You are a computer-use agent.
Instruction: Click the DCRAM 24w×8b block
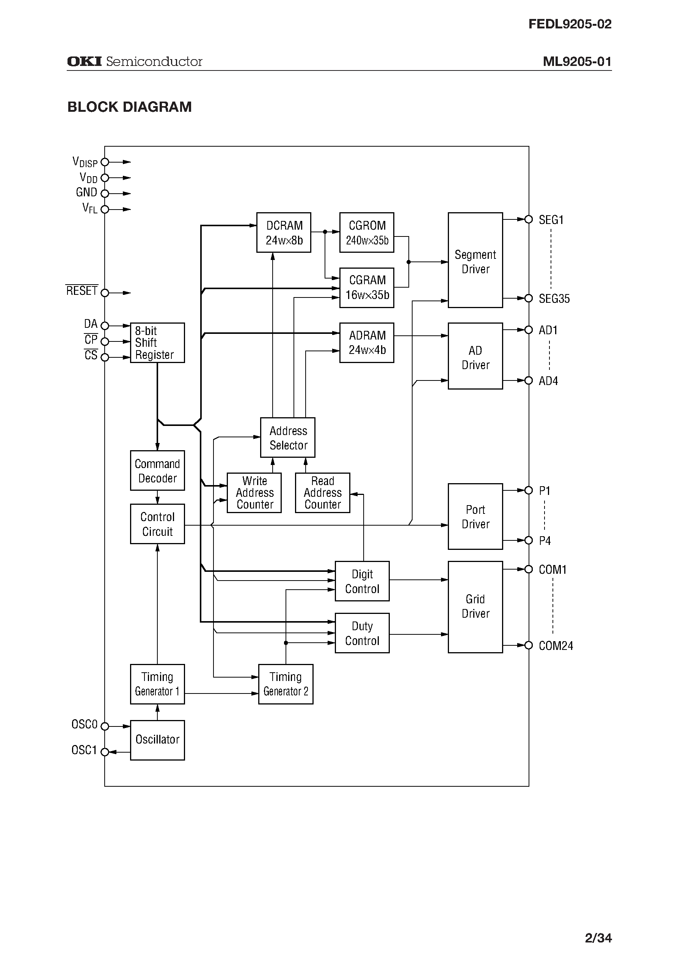click(284, 232)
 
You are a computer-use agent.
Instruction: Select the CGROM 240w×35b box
click(367, 232)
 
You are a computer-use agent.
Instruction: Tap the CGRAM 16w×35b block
click(367, 288)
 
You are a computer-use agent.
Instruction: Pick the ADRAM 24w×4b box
click(367, 343)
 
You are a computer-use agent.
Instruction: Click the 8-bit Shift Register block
click(157, 343)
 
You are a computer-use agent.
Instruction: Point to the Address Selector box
click(288, 438)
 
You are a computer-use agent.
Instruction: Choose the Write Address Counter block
click(254, 493)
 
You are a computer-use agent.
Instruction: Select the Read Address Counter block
click(322, 493)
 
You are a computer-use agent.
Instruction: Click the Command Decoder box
click(157, 471)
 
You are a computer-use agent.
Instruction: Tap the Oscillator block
click(157, 740)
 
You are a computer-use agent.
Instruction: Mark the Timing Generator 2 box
click(286, 684)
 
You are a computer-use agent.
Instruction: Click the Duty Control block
click(362, 633)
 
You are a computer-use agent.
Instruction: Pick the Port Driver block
click(475, 517)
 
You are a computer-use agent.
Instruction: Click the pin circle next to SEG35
click(529, 298)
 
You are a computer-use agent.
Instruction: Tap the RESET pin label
click(82, 291)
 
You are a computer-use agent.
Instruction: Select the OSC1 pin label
click(84, 750)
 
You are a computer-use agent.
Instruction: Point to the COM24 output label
click(556, 646)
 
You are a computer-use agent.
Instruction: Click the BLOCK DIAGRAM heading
click(129, 107)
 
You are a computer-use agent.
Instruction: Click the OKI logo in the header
click(84, 61)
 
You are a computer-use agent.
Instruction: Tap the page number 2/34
click(598, 938)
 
